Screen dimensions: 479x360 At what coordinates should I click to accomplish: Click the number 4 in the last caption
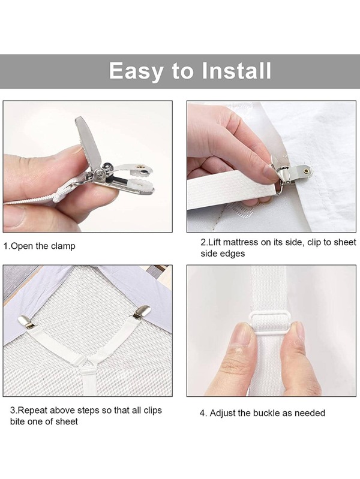[202, 413]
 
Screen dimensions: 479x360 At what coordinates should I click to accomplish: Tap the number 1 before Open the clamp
[6, 246]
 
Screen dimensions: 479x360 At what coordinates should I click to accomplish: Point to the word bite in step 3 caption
[19, 421]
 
